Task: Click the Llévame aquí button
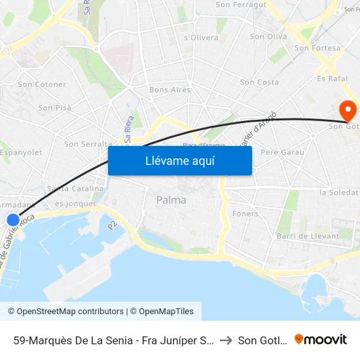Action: tap(179, 160)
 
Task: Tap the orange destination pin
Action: tap(348, 109)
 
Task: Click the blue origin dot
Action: tap(13, 221)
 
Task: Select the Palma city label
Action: tap(171, 200)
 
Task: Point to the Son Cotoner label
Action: tap(42, 84)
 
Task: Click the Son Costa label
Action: tap(259, 82)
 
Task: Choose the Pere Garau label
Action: tap(282, 152)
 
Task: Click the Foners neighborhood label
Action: tap(245, 213)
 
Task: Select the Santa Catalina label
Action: tap(75, 189)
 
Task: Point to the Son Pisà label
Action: tap(54, 107)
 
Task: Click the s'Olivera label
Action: tap(201, 37)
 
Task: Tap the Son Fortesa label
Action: tap(318, 48)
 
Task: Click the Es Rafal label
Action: tap(331, 79)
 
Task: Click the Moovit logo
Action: tap(321, 339)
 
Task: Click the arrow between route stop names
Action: tap(224, 340)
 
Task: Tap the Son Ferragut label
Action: tap(241, 5)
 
